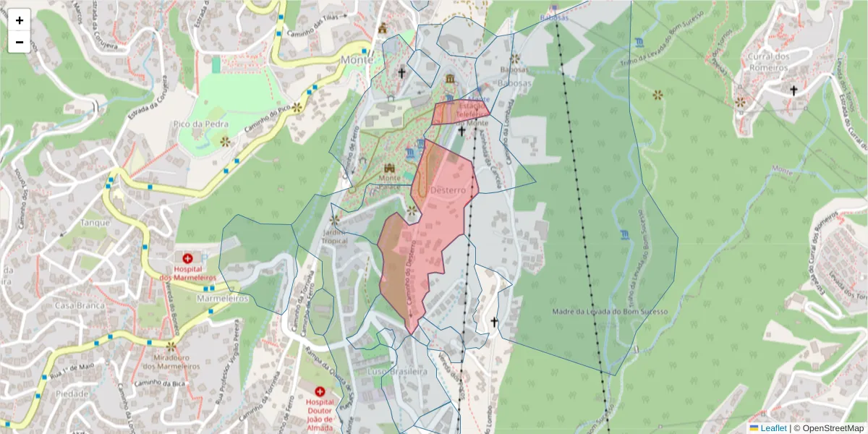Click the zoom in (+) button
pyautogui.click(x=20, y=20)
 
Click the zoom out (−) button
pyautogui.click(x=20, y=42)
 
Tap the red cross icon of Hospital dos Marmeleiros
pyautogui.click(x=188, y=258)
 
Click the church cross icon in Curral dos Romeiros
pyautogui.click(x=793, y=90)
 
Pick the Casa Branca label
pyautogui.click(x=80, y=305)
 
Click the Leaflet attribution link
pyautogui.click(x=773, y=428)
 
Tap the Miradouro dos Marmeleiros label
pyautogui.click(x=171, y=362)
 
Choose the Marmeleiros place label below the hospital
pyautogui.click(x=223, y=298)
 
